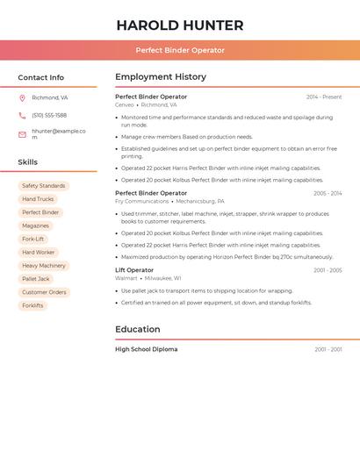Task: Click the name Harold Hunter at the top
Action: click(180, 25)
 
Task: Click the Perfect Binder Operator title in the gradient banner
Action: click(180, 50)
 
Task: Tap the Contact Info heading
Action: click(40, 77)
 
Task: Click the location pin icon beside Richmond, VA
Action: click(22, 98)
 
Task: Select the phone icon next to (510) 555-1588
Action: click(22, 116)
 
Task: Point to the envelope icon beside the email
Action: click(22, 134)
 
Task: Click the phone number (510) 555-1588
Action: click(49, 116)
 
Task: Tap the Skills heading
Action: click(27, 162)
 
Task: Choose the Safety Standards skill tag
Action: click(43, 186)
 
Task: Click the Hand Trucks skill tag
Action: click(38, 199)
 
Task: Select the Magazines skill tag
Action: click(35, 225)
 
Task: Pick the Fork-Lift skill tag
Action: click(32, 239)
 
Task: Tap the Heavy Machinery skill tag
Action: click(43, 265)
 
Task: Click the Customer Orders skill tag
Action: click(44, 292)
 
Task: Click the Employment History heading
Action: click(161, 77)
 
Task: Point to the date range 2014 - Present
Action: click(324, 97)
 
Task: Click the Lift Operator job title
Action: click(134, 270)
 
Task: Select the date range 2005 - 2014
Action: click(328, 193)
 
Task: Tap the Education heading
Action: click(138, 330)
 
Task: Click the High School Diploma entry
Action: click(146, 349)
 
